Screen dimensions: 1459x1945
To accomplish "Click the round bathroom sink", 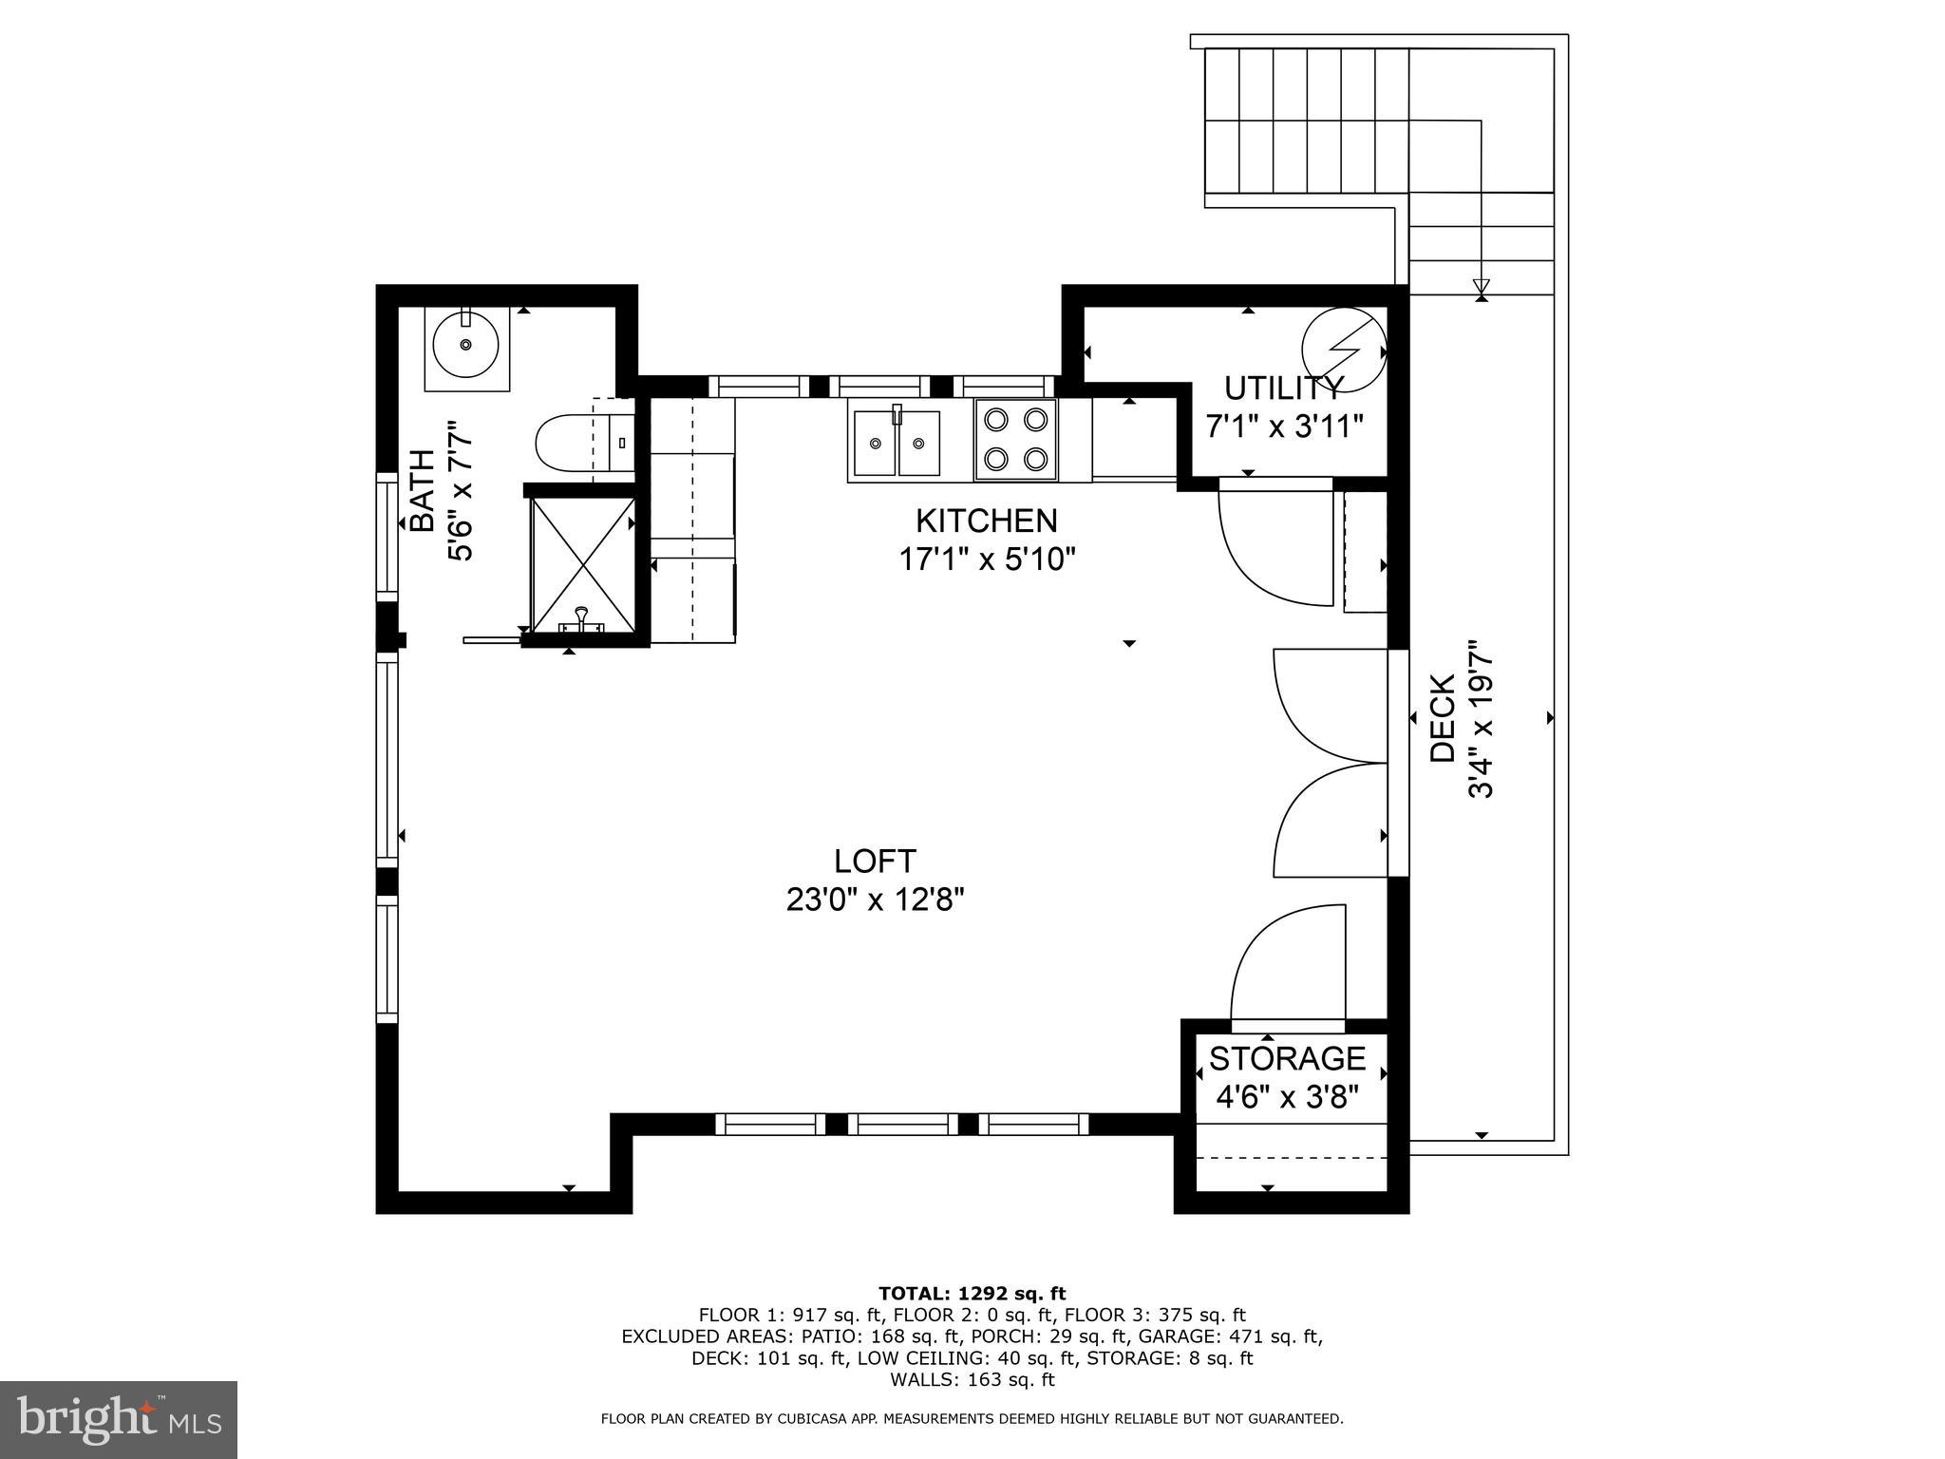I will coord(465,344).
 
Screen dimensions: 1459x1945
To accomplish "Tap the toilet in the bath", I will coord(570,443).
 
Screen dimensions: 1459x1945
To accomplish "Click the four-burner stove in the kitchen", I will coord(1015,439).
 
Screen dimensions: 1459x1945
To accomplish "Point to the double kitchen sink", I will coord(896,443).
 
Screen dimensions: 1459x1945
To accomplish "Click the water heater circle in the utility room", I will coord(1343,350).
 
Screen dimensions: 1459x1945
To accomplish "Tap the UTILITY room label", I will coord(1283,388).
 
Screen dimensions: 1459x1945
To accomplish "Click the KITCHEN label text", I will coord(986,521).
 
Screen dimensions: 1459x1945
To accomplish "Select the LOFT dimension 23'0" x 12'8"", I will coord(875,899).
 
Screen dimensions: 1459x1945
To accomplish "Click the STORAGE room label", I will coord(1287,1057).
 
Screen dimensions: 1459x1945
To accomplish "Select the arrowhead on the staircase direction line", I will coord(1481,286).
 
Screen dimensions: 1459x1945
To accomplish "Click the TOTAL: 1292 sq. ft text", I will coord(972,1293).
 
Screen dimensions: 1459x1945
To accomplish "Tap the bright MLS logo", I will coord(119,1419).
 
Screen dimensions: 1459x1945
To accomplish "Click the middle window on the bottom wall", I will coord(901,1125).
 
